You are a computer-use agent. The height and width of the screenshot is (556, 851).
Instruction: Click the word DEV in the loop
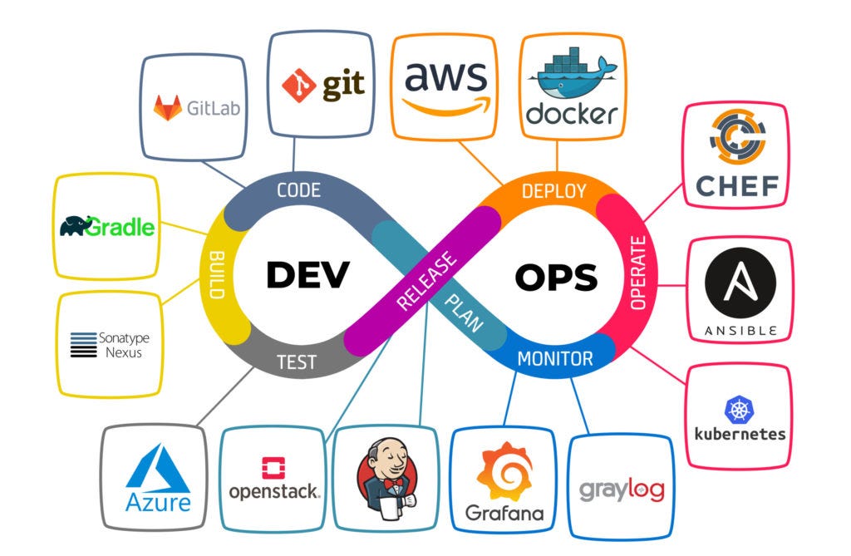(307, 275)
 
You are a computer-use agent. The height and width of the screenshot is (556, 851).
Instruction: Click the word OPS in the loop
(555, 277)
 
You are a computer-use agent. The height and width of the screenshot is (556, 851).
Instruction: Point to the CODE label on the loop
(298, 190)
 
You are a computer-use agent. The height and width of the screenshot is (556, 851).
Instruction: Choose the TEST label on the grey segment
(297, 362)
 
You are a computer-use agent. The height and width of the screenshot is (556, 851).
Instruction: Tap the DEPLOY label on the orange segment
(553, 191)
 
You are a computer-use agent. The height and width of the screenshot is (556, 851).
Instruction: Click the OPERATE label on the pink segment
(637, 273)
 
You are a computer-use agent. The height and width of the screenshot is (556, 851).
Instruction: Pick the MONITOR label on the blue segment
(555, 359)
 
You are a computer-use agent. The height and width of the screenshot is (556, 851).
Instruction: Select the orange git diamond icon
(298, 85)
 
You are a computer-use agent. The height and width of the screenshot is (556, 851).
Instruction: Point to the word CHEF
(737, 185)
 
